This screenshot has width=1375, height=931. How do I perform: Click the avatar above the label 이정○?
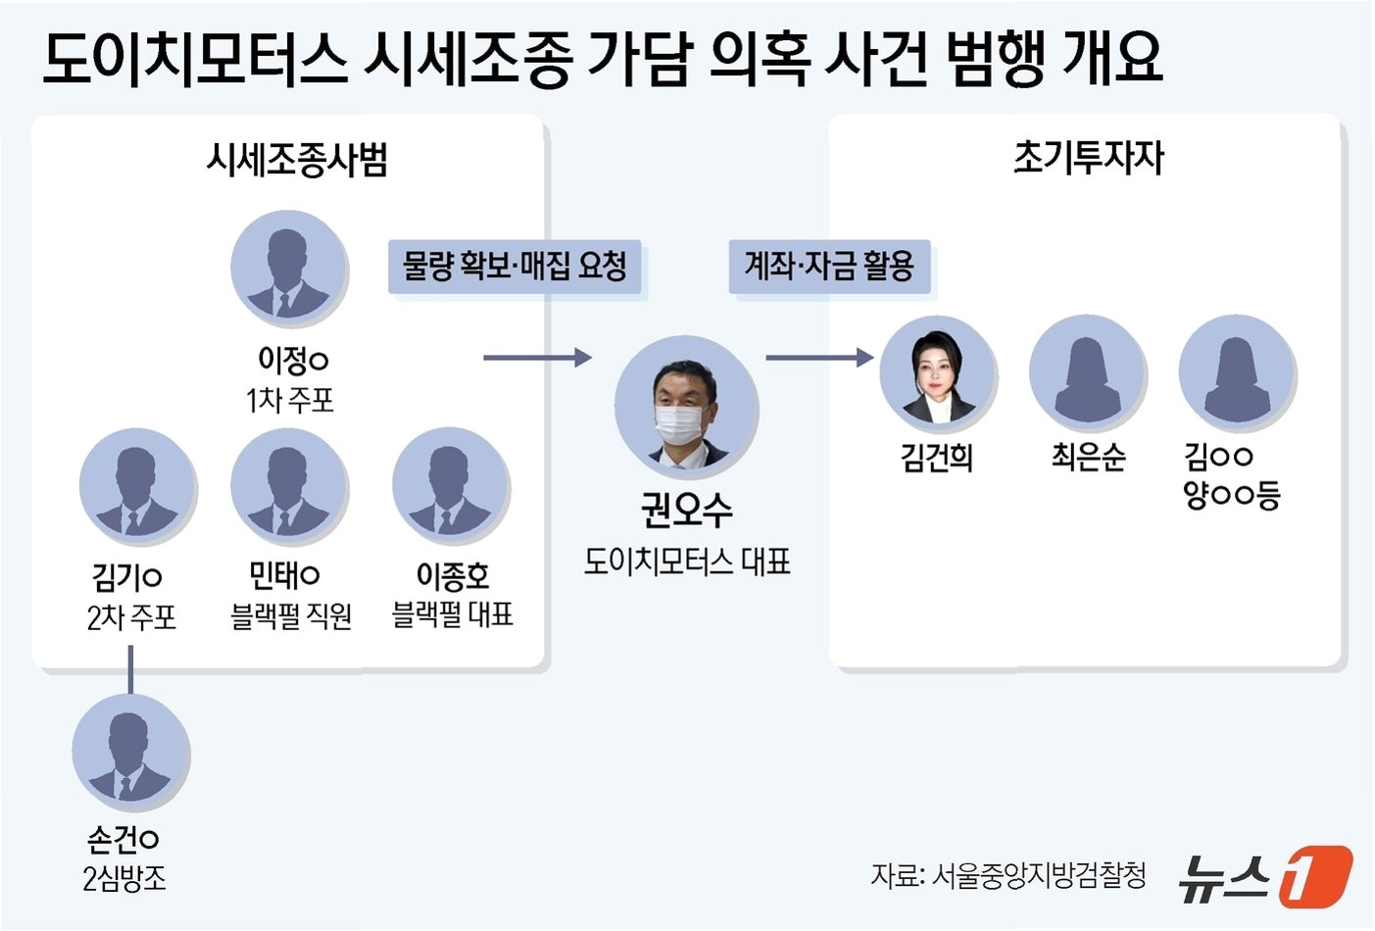[x=289, y=269]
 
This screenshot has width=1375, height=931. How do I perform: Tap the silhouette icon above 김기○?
[x=137, y=487]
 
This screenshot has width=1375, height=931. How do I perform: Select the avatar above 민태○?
[x=289, y=487]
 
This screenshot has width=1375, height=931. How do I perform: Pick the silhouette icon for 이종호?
[x=451, y=487]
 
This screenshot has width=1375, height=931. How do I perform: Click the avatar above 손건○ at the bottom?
[x=130, y=753]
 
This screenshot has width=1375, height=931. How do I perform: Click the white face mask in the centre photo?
[x=679, y=423]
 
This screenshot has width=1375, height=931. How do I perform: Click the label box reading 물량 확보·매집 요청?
[x=515, y=267]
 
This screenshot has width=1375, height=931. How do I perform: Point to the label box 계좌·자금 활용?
[x=829, y=267]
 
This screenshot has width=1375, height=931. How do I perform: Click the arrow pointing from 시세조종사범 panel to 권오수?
[x=537, y=358]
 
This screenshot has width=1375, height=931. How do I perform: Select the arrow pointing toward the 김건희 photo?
[x=818, y=358]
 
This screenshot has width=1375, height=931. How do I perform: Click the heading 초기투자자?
[x=1088, y=158]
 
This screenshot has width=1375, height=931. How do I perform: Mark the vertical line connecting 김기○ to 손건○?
[x=130, y=670]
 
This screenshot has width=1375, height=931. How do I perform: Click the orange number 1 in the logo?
[x=1314, y=875]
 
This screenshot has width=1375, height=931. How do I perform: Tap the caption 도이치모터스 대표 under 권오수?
[x=687, y=562]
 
